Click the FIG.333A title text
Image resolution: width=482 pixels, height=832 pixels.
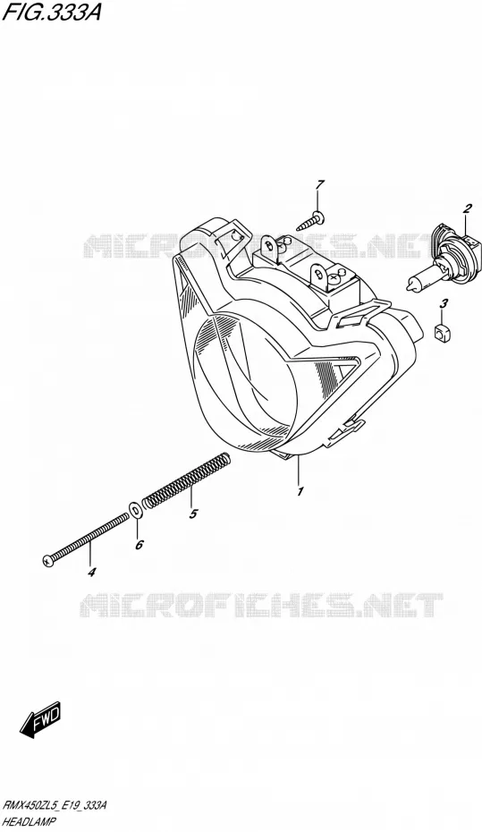click(x=52, y=13)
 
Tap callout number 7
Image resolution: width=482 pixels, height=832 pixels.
click(x=319, y=185)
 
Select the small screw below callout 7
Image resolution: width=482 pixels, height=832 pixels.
click(x=310, y=221)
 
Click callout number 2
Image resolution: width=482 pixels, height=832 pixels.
click(x=467, y=208)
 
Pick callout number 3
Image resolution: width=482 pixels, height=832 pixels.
click(x=444, y=303)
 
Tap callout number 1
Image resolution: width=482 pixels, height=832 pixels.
click(x=300, y=491)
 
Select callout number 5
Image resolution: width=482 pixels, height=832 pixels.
click(x=193, y=514)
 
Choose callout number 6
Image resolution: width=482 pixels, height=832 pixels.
click(x=139, y=545)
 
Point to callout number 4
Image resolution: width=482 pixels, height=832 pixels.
click(x=91, y=573)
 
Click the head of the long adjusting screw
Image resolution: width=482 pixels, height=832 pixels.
click(x=47, y=559)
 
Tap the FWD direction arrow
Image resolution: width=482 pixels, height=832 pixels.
click(x=41, y=720)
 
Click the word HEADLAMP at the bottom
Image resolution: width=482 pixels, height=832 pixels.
click(x=30, y=821)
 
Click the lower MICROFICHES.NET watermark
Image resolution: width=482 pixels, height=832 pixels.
click(x=261, y=605)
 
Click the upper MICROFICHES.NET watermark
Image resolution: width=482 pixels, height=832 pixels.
click(x=261, y=246)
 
